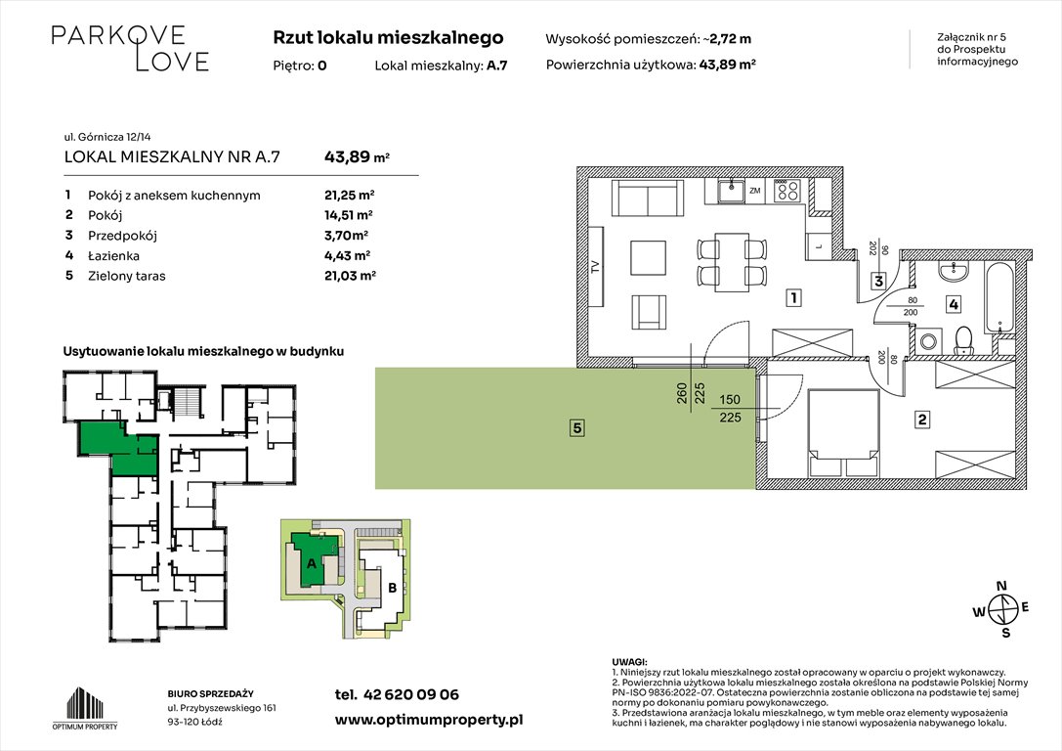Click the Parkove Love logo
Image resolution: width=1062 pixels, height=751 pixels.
[x=130, y=49]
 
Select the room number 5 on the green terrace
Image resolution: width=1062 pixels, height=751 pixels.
[x=578, y=427]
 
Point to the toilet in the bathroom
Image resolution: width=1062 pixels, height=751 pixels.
[x=962, y=339]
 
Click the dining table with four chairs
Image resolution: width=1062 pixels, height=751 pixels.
[x=733, y=259]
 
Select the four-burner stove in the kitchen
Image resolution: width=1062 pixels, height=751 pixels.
[x=788, y=192]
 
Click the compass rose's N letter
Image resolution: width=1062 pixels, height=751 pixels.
[x=1000, y=587]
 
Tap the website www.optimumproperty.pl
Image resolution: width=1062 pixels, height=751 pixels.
[x=429, y=719]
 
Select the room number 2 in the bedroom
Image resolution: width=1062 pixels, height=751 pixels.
[x=921, y=421]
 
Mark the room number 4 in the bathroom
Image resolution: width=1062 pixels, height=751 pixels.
[x=953, y=304]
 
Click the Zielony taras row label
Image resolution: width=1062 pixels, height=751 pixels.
[x=127, y=277]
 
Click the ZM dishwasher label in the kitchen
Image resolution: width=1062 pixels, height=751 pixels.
[x=754, y=192]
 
